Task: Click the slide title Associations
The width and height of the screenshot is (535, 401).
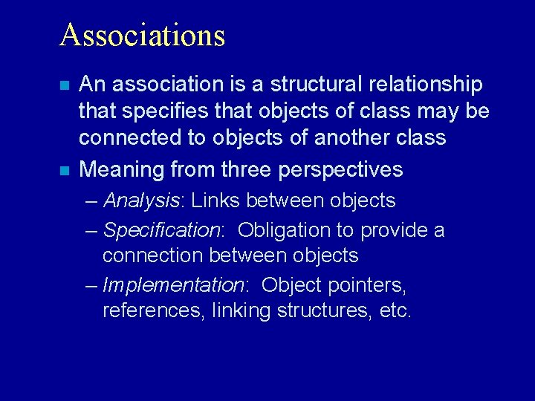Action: [142, 35]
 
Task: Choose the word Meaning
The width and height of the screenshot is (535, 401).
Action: [122, 169]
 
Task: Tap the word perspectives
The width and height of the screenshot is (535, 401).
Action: [340, 169]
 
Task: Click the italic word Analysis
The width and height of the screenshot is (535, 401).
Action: [142, 200]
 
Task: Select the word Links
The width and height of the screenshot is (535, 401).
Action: [215, 200]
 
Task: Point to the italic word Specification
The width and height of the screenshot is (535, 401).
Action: [161, 230]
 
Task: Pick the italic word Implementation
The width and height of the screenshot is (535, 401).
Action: [173, 285]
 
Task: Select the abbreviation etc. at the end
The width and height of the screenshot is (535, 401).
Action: [395, 311]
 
